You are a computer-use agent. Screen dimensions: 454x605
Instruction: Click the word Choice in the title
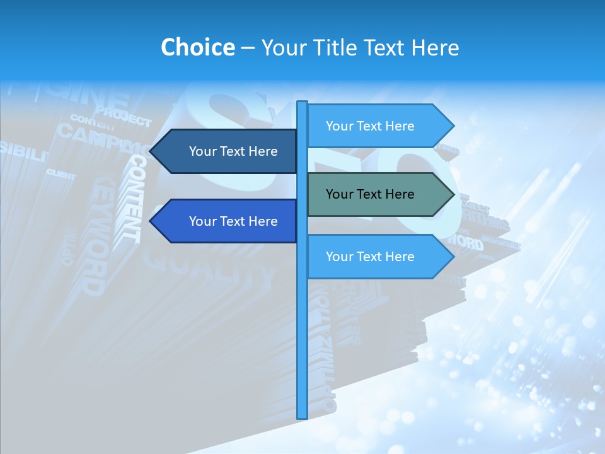[x=197, y=47]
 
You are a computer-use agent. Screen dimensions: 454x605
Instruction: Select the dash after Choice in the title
[x=248, y=48]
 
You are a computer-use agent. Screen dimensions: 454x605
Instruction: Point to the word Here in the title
[x=435, y=47]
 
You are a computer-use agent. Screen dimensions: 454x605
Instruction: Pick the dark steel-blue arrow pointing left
[x=227, y=151]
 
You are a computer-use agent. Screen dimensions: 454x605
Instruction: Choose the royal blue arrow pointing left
[x=227, y=221]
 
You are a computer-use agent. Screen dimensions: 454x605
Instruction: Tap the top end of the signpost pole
[x=302, y=103]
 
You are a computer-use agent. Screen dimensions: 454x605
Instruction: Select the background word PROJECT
[x=124, y=117]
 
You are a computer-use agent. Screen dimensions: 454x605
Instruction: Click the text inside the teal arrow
[x=370, y=194]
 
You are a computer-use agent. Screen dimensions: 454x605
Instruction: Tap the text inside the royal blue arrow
[x=233, y=221]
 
